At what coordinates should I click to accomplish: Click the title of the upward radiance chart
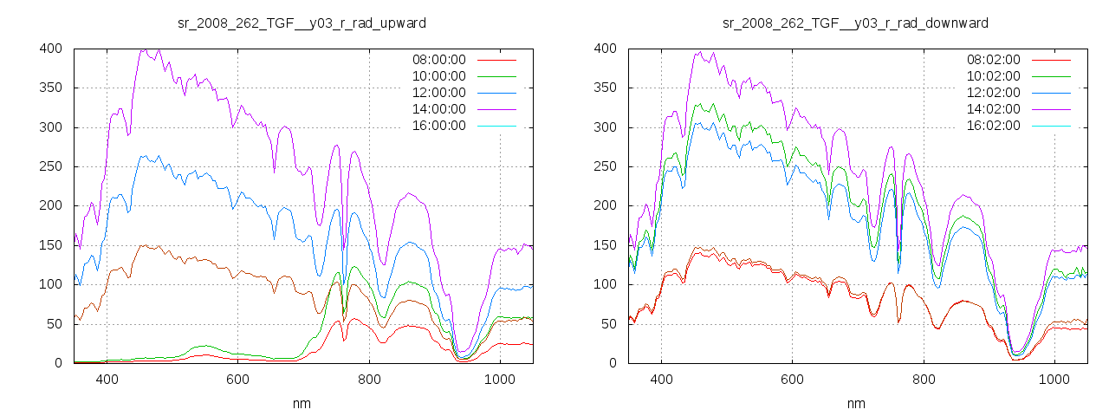coord(302,23)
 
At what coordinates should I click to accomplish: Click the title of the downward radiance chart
coord(856,23)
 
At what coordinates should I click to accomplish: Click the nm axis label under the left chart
coord(302,404)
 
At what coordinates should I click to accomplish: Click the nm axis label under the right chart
coord(856,404)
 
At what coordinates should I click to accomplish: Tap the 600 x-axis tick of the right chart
coord(792,379)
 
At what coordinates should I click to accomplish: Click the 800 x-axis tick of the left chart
coord(368,379)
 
